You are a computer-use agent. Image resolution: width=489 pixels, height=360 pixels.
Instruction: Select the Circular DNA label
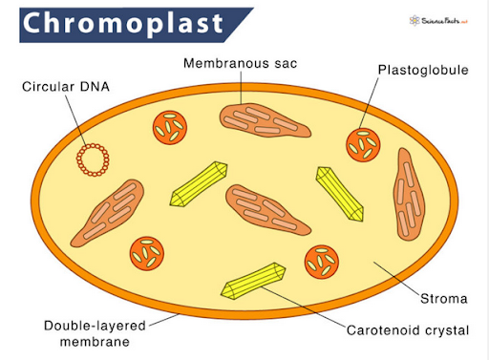pos(64,87)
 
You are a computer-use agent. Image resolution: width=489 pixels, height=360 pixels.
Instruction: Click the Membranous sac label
pos(241,64)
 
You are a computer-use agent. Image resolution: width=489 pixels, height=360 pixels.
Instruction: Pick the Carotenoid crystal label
pos(408,330)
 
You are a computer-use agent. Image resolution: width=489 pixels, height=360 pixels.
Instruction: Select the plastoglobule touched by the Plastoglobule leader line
pos(363,144)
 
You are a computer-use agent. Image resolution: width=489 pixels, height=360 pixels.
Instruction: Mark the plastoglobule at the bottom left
pos(146,253)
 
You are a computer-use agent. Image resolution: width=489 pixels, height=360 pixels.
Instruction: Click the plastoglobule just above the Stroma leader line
pos(320,260)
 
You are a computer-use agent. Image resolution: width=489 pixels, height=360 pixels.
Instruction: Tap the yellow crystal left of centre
pos(198,184)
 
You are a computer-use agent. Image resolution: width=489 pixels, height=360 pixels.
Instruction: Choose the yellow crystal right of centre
pos(340,193)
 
